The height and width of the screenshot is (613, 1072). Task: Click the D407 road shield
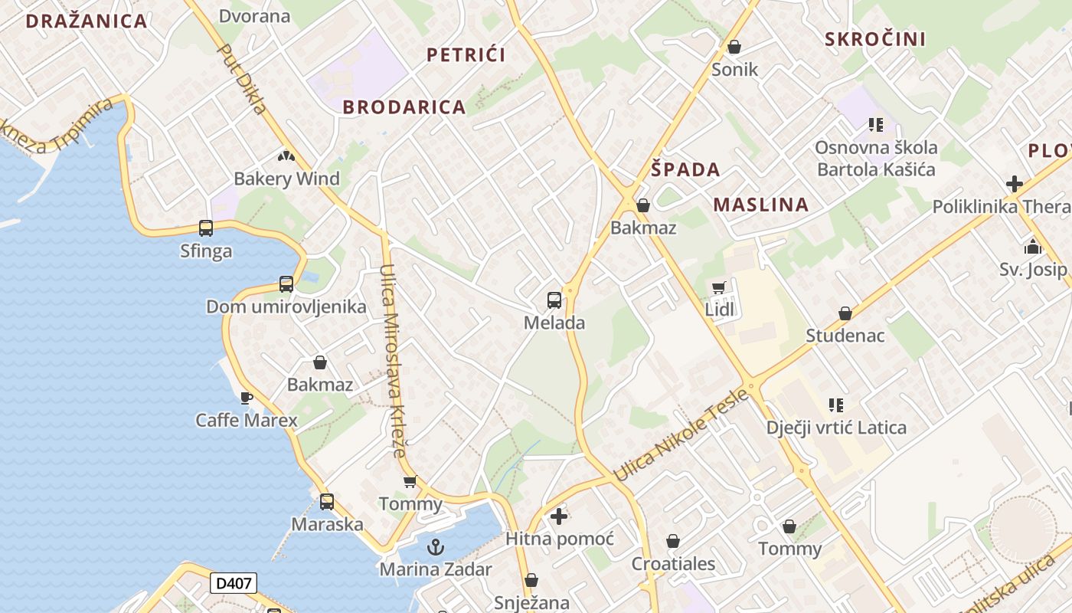point(234,583)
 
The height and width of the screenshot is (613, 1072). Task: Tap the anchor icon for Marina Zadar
point(436,547)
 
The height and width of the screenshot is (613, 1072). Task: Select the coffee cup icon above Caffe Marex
point(246,398)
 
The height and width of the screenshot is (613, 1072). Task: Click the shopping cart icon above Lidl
point(718,287)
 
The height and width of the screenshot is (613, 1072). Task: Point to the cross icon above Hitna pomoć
point(559,516)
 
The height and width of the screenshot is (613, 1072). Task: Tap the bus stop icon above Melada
point(554,300)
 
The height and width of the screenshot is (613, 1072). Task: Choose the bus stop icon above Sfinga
point(206,228)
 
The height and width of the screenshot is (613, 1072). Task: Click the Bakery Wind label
point(286,179)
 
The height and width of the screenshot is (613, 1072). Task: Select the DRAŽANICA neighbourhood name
point(87,21)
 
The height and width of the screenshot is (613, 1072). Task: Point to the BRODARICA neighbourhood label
point(404,107)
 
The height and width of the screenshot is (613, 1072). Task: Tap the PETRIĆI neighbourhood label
point(466,54)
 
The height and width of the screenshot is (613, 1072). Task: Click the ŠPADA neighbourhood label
point(685,169)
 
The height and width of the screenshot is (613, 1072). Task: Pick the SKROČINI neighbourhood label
point(875,39)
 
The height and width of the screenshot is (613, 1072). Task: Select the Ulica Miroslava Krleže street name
point(394,360)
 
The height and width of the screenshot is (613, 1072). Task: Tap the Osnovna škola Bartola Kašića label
point(876,158)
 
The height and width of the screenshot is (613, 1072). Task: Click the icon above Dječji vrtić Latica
point(836,405)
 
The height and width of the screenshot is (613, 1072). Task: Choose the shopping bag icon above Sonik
point(734,47)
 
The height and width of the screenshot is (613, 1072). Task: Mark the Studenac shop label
point(845,336)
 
